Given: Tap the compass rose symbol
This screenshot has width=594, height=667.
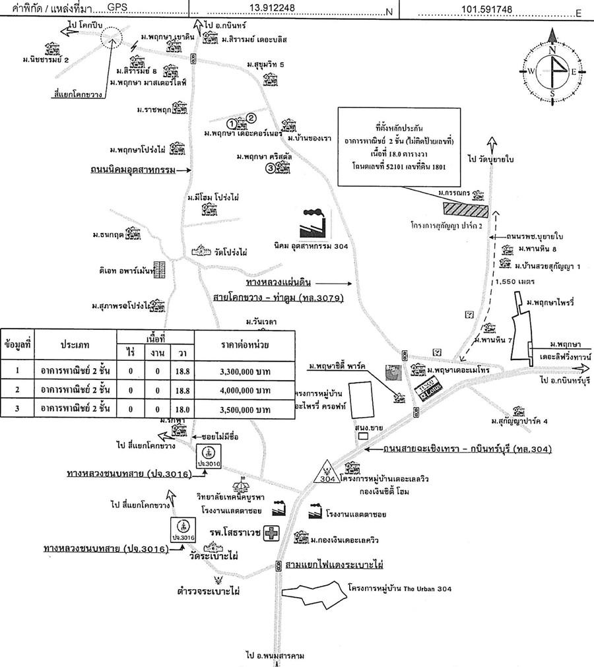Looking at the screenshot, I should point(552,71).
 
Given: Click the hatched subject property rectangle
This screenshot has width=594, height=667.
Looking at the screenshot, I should point(465,210).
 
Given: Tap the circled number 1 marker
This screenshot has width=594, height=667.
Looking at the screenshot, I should point(232,123).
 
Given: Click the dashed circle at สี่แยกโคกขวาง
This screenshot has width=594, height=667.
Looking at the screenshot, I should point(110,38).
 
